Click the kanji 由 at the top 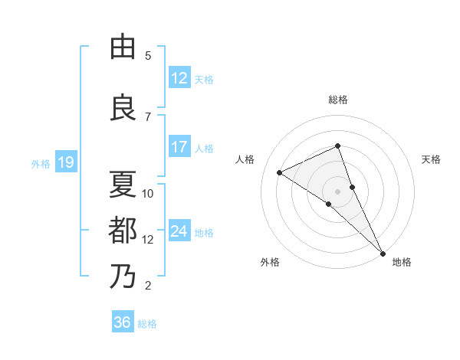(123, 47)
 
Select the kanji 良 (123, 108)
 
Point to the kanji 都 (123, 230)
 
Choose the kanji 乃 (123, 276)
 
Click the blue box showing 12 (179, 78)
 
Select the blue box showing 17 (179, 147)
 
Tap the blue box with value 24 (179, 231)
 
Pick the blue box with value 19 (65, 162)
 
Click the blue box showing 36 (123, 322)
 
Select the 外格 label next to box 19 (40, 163)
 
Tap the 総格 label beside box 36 (147, 324)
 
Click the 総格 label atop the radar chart (337, 100)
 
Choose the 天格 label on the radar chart (431, 159)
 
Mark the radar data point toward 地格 (383, 253)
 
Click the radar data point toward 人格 (279, 172)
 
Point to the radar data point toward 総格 (337, 146)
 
